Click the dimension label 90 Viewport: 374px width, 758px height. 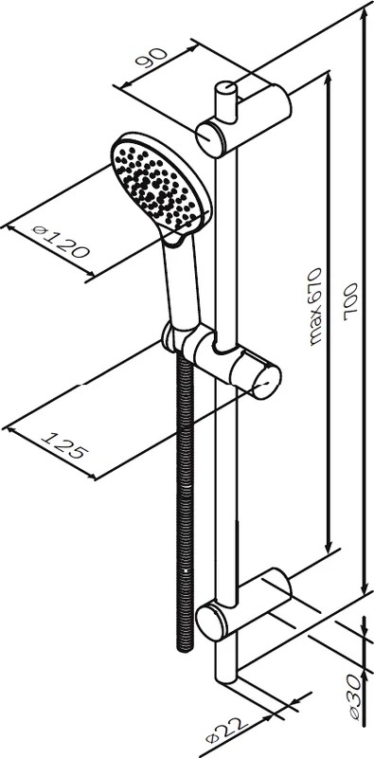point(151,58)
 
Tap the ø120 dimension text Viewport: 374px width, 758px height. point(61,242)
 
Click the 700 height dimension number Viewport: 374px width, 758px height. point(349,302)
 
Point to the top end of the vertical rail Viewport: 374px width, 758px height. point(225,88)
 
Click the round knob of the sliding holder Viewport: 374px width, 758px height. point(267,382)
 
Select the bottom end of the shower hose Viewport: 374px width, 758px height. point(185,649)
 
